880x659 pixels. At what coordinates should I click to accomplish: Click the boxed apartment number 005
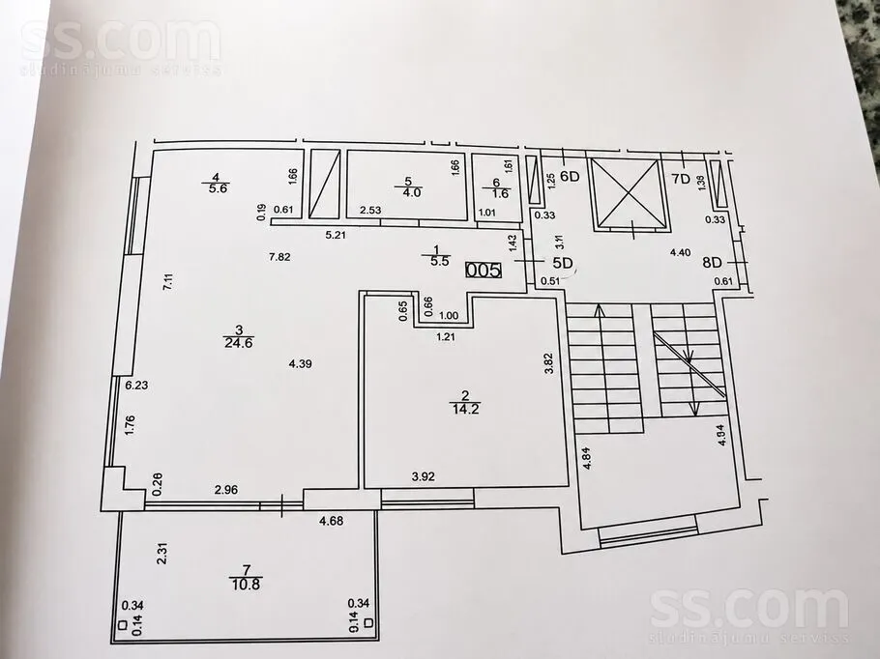click(484, 271)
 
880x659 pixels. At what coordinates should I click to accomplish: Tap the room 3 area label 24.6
click(238, 343)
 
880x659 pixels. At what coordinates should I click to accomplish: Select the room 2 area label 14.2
click(465, 409)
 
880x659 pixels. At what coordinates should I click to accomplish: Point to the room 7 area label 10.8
click(246, 585)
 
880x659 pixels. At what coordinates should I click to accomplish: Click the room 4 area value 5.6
click(218, 189)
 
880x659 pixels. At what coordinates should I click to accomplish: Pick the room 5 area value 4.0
click(412, 192)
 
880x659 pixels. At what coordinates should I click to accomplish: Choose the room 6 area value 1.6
click(499, 193)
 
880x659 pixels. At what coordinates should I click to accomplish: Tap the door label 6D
click(570, 177)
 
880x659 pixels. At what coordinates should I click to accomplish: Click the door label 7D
click(681, 180)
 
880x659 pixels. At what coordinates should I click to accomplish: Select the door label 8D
click(712, 263)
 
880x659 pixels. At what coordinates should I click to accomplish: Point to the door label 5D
click(562, 263)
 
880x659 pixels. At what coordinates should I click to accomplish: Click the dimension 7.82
click(279, 257)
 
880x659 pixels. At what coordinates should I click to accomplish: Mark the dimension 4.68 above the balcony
click(331, 521)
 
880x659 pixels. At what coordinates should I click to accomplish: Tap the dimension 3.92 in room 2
click(424, 477)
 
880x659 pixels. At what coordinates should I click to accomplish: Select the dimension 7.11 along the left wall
click(167, 280)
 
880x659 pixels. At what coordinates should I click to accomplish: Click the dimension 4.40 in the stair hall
click(680, 253)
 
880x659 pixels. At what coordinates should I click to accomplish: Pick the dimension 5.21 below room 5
click(336, 235)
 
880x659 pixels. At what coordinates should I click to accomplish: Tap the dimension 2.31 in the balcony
click(162, 553)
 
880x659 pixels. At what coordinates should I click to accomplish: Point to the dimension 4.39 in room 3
click(300, 364)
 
